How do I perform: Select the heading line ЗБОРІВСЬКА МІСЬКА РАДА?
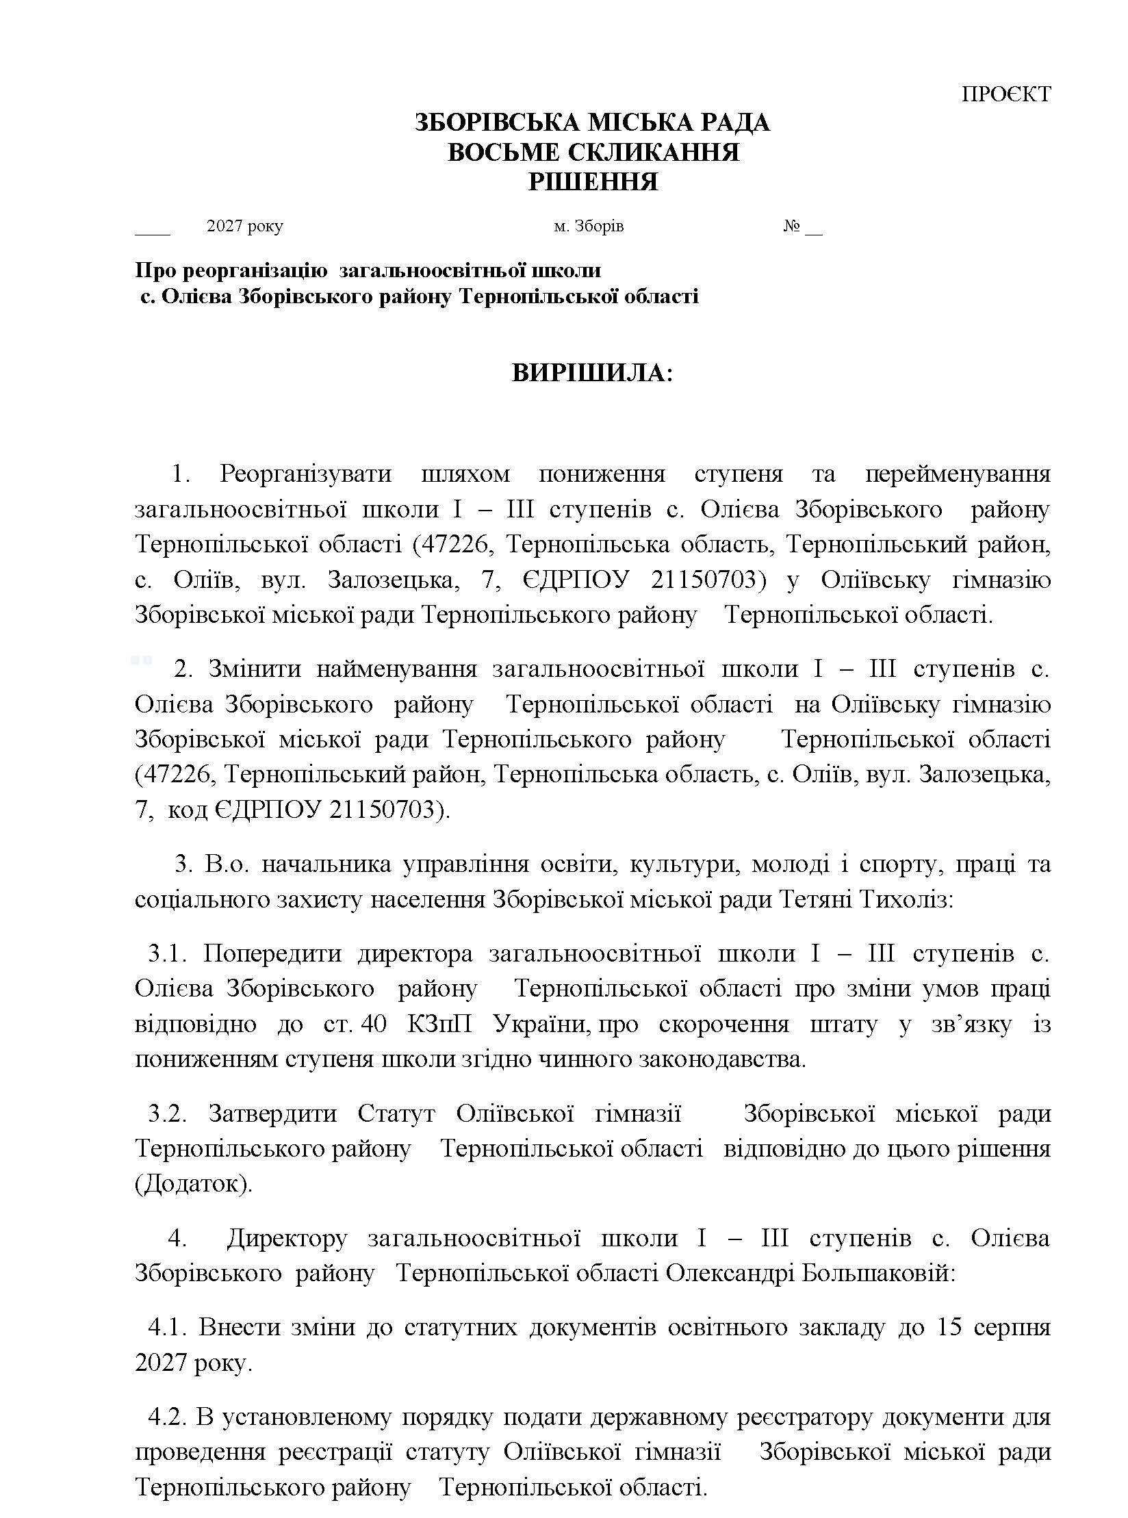click(x=593, y=123)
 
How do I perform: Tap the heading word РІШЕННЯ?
click(x=593, y=182)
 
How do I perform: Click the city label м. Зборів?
click(x=589, y=226)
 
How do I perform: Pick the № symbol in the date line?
click(x=792, y=226)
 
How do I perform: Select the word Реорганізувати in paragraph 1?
click(x=305, y=474)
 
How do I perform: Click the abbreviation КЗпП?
click(x=440, y=1025)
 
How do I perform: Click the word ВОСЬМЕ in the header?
click(x=497, y=153)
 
